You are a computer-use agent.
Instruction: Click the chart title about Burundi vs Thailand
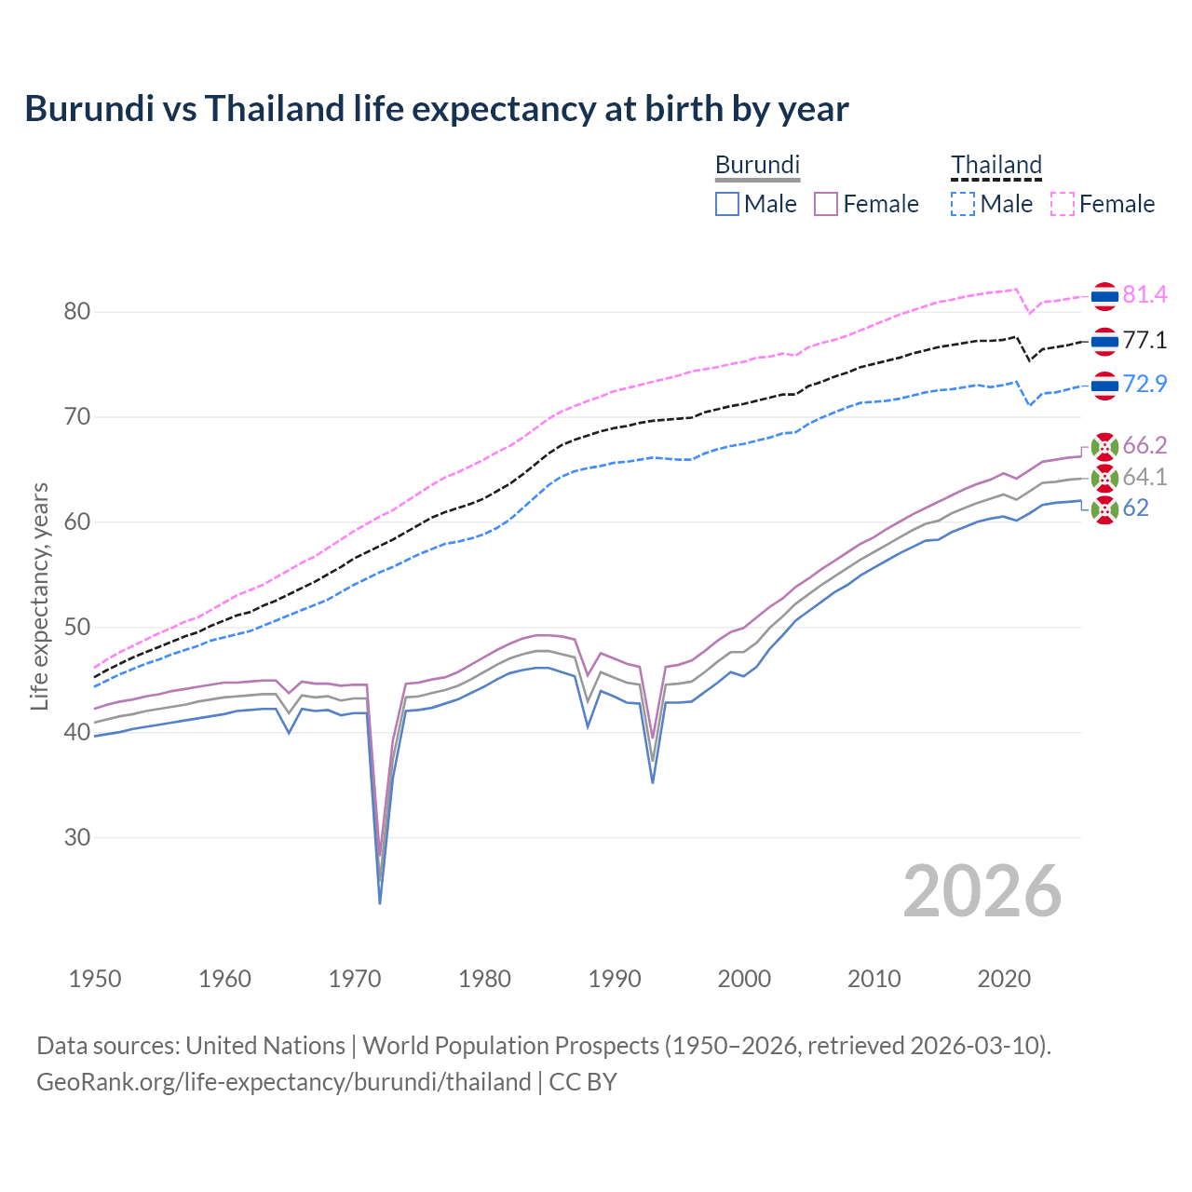click(436, 109)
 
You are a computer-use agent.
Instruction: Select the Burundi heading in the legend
click(757, 166)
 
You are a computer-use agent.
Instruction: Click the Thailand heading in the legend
click(996, 166)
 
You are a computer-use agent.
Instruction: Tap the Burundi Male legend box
click(727, 204)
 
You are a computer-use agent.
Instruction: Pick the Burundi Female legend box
click(826, 204)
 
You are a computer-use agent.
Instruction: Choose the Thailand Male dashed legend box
click(963, 204)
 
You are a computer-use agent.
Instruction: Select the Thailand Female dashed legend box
click(1063, 204)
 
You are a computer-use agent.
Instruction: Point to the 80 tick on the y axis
click(77, 311)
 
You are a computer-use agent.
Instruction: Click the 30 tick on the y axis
click(77, 837)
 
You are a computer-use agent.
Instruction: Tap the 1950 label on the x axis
click(95, 979)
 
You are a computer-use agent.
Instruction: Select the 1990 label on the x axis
click(615, 979)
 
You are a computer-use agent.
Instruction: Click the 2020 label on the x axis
click(1004, 979)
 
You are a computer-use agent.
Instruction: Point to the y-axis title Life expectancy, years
click(39, 596)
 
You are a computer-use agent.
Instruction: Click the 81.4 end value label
click(1145, 295)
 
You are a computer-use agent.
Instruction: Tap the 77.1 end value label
click(1145, 341)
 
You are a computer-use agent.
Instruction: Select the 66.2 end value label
click(1145, 446)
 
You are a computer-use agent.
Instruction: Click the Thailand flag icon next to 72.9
click(1104, 385)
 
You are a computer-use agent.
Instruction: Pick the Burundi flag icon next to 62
click(1104, 509)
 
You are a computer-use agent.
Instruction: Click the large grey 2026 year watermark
click(982, 891)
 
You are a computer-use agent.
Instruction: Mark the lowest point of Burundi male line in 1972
click(380, 903)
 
